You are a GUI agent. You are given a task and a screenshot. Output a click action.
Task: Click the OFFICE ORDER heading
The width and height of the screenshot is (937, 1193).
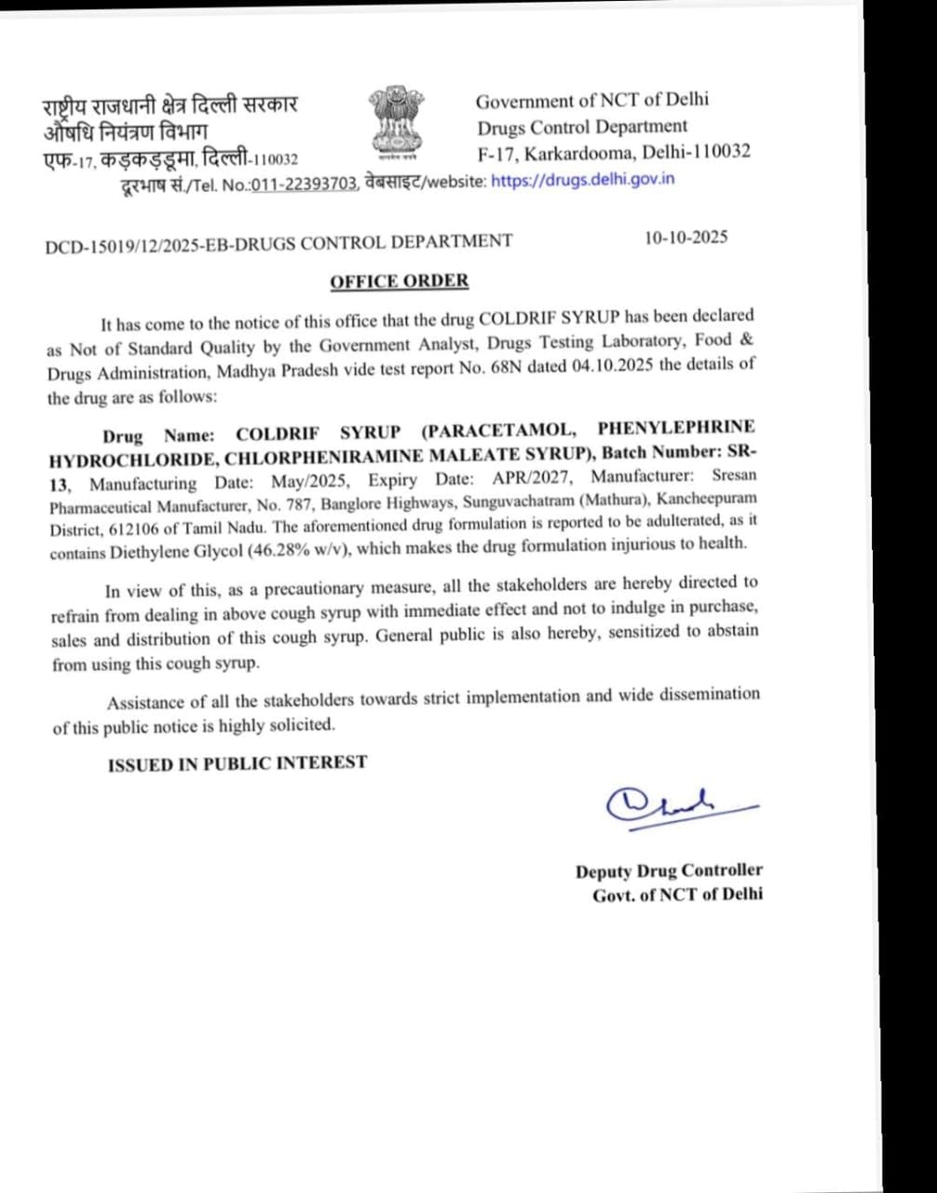click(x=399, y=281)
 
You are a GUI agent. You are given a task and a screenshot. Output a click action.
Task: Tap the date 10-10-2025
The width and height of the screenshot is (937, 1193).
click(x=686, y=237)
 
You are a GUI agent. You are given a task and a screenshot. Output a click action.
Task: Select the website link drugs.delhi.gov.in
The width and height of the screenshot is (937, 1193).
click(x=582, y=180)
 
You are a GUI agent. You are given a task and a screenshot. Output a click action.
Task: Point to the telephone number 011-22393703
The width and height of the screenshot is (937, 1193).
click(x=304, y=185)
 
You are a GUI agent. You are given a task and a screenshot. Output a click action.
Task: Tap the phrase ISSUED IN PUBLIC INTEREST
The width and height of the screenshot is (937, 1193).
click(x=238, y=763)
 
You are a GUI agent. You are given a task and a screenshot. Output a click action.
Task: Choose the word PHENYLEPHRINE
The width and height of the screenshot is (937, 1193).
click(x=676, y=428)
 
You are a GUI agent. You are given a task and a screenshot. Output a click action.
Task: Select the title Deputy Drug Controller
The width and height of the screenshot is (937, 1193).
click(x=668, y=871)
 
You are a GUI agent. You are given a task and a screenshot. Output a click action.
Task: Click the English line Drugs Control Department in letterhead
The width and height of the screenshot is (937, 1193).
click(x=582, y=127)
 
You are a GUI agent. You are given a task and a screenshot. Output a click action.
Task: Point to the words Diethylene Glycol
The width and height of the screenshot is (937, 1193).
click(x=177, y=551)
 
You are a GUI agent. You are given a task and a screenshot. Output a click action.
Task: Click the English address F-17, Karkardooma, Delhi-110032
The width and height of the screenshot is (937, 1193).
click(x=614, y=152)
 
